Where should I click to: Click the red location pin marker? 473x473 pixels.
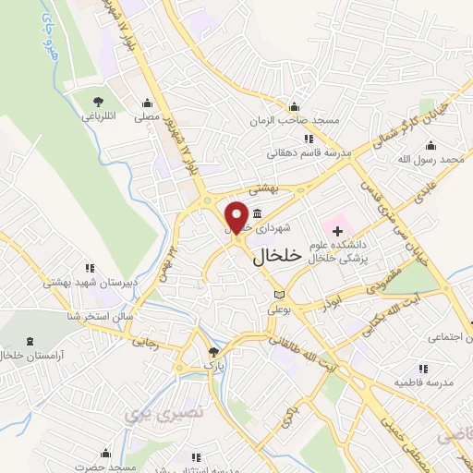pos(236,217)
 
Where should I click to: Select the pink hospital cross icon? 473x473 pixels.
pos(336,229)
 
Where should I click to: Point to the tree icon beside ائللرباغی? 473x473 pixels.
pos(98,102)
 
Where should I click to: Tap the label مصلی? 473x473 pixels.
pos(147,117)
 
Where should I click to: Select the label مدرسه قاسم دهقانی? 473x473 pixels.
pos(304,154)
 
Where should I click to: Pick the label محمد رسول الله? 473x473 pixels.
pos(437,160)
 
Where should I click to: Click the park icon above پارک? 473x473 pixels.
pos(214,351)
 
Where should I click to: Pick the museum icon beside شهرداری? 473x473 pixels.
pos(256,214)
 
